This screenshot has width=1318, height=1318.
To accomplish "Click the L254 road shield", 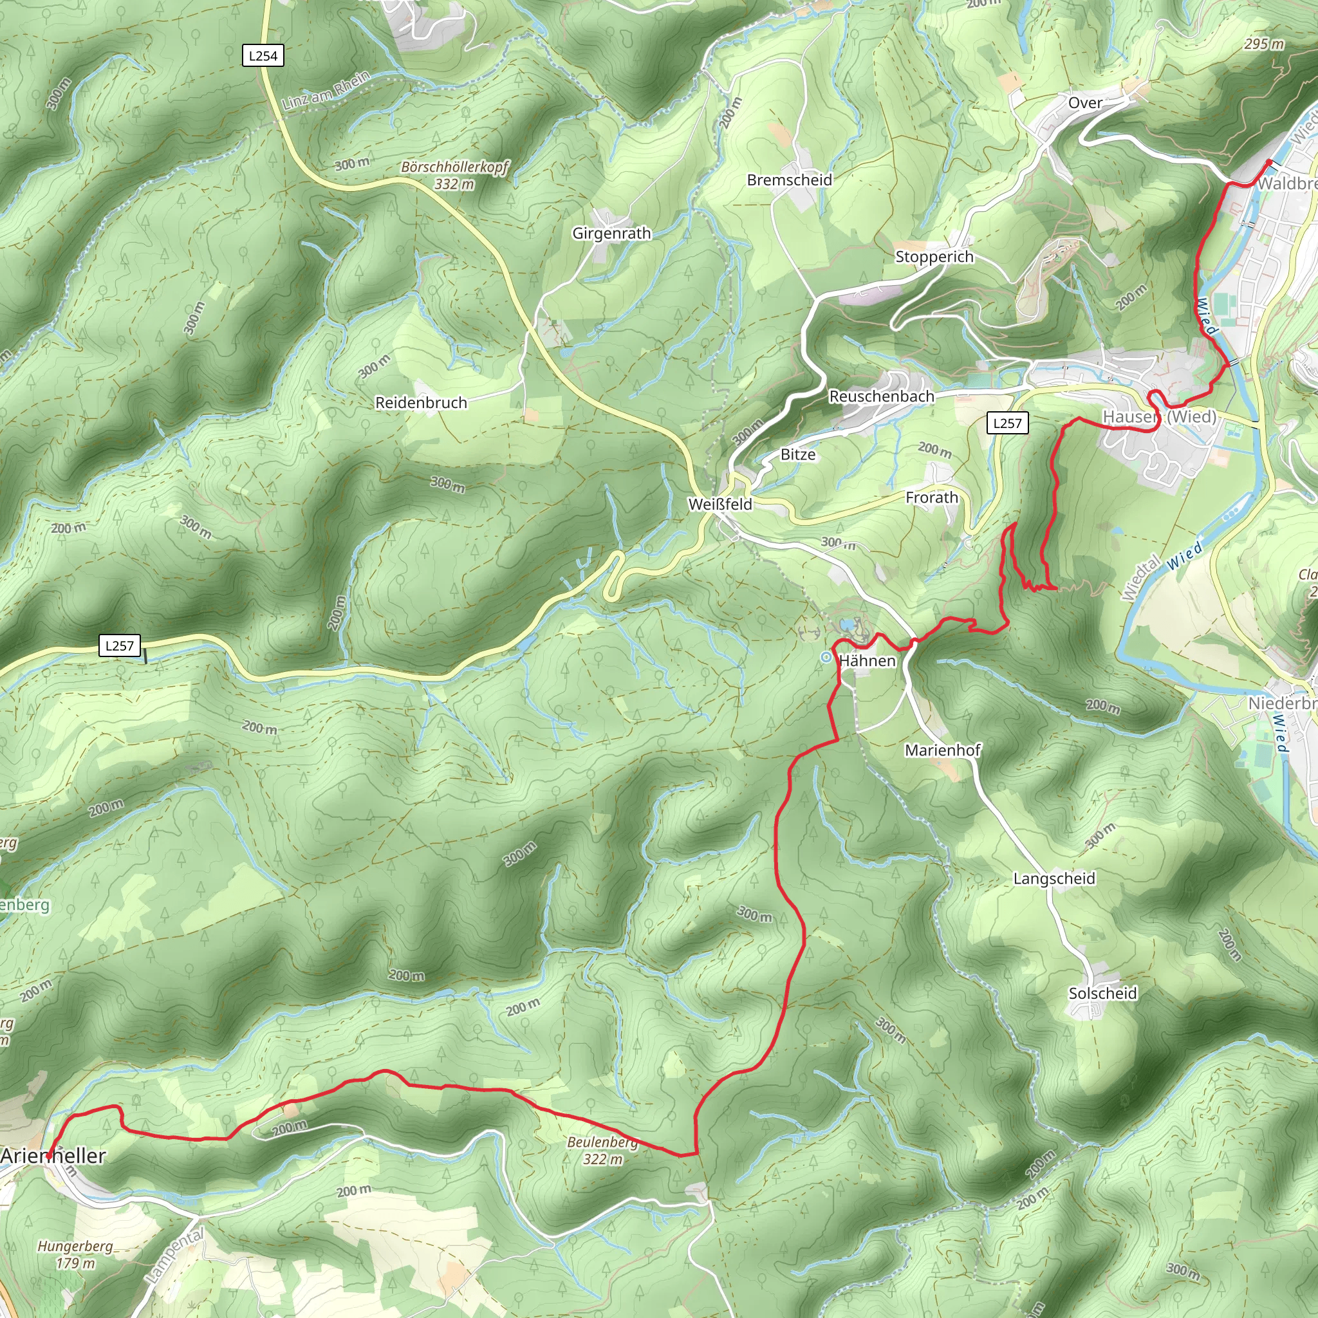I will (263, 56).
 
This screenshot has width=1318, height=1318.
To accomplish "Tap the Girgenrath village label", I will (611, 234).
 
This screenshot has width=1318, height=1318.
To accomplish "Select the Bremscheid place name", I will (789, 180).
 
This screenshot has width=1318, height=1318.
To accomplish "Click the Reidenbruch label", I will (421, 402).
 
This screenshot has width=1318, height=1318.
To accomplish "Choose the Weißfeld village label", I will (719, 504).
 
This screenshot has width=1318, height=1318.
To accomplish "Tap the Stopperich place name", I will (934, 257).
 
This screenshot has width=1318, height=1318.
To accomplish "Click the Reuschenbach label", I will (882, 396).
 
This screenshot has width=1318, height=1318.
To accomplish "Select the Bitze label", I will (797, 454).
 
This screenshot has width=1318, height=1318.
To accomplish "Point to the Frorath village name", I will (931, 497).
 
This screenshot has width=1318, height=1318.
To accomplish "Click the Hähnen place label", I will (867, 660).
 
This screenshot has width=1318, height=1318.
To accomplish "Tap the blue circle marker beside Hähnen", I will (826, 657).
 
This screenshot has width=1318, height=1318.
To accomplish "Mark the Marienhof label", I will (942, 750).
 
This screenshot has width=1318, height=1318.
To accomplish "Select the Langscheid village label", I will (1054, 878).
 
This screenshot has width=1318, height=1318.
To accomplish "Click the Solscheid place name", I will (1102, 993).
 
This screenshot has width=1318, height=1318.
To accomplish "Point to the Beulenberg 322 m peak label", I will (602, 1150).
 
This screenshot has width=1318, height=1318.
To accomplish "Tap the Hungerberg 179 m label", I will (75, 1254).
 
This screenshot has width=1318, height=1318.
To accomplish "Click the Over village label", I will (1084, 103).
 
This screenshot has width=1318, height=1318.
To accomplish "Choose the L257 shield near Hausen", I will (1007, 423).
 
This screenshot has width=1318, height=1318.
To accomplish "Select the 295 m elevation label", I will (1263, 44).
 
